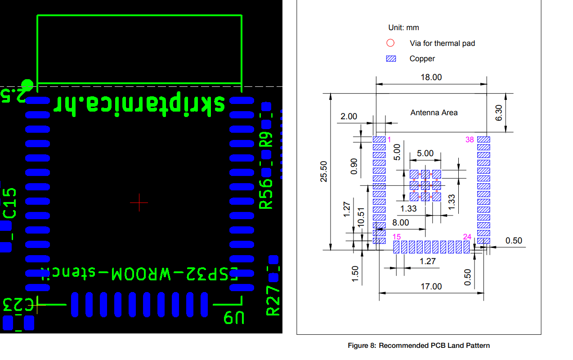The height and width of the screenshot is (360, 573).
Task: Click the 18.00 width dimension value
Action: coord(431,77)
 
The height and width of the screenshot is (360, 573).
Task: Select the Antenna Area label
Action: coord(434,112)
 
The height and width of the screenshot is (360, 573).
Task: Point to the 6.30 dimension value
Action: coord(499,112)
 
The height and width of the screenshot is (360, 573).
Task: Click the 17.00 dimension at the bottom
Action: coord(431,286)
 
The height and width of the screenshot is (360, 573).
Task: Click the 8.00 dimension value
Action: coord(400,223)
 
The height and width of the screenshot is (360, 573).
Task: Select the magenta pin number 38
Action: coord(470,139)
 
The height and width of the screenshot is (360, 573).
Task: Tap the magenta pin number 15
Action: coord(396,237)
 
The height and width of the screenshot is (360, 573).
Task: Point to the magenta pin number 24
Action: coord(468,237)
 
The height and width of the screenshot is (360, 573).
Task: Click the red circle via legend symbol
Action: coord(390,43)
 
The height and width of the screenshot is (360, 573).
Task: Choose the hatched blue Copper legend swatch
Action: coord(391,58)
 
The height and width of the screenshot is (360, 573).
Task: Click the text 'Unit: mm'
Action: coord(403,27)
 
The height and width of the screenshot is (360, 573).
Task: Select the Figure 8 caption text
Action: coord(419,346)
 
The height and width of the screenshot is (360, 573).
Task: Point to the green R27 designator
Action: coord(273,301)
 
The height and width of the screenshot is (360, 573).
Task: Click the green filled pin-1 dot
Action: coord(27,85)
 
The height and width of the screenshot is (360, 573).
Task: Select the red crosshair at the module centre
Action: coord(139,203)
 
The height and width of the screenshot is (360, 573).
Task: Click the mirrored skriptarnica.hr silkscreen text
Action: coord(139,104)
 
